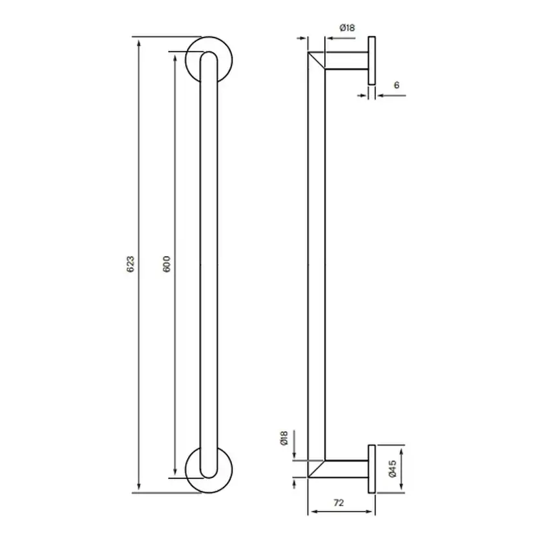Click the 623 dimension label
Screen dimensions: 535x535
tap(130, 264)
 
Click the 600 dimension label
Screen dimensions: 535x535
tap(166, 264)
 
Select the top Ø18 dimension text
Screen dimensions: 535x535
tap(347, 28)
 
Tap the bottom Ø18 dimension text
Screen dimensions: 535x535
tap(283, 439)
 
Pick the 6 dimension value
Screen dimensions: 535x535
tap(396, 85)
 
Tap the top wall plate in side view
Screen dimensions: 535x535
tap(372, 61)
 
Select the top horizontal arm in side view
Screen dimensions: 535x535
tap(346, 61)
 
